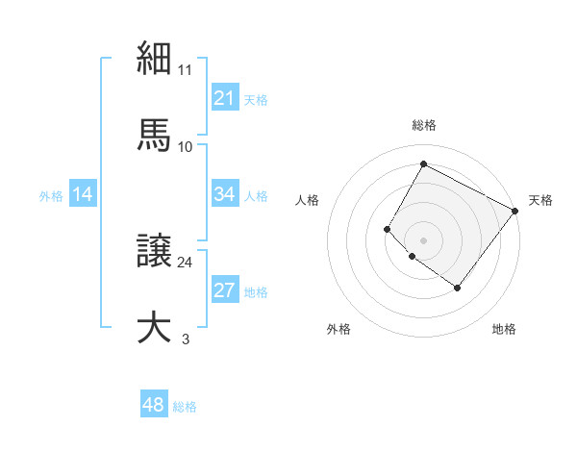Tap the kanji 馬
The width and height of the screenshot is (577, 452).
point(155,134)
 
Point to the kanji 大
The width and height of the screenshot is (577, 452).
point(155,326)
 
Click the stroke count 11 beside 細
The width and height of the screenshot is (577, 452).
point(186,70)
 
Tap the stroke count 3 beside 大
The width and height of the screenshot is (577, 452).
point(186,339)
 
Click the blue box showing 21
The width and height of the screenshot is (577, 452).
point(225,98)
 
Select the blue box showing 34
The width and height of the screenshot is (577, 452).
point(225,194)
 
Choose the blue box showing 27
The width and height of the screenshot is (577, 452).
point(225,290)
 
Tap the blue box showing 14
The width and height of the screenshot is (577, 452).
point(83,194)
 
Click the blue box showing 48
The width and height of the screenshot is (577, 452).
point(154,405)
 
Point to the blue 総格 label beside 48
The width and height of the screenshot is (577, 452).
point(185,407)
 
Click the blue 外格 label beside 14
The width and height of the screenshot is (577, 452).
point(51,196)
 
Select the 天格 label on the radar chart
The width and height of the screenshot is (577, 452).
point(540,200)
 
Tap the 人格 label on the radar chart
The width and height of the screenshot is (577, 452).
point(308,200)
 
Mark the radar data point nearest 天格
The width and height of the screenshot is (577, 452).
point(514,211)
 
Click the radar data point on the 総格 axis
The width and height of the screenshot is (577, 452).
point(423,163)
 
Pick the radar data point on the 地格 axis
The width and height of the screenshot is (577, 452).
point(458,288)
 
